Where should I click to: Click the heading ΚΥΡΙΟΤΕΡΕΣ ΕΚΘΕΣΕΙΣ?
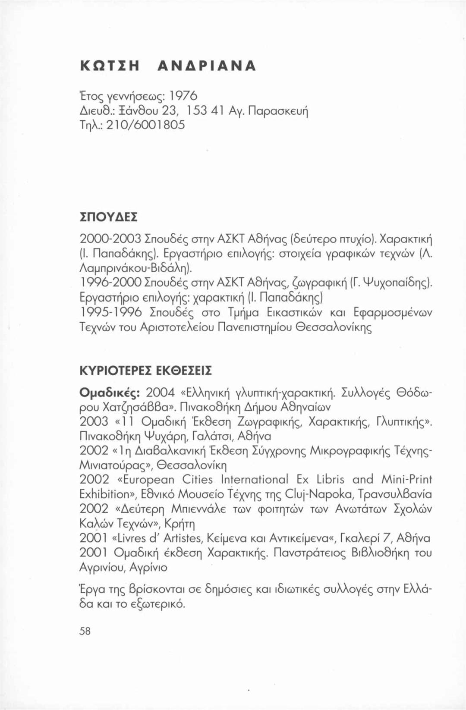146,371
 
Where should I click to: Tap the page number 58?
85,631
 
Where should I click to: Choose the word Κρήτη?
180,524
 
